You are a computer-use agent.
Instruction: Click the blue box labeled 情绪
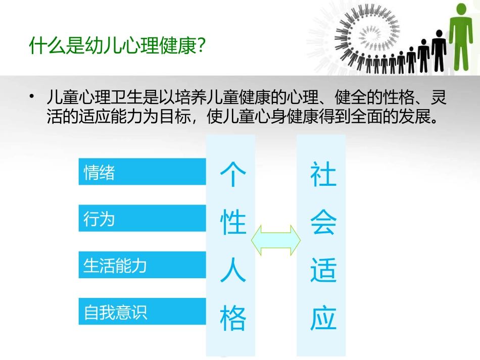142,172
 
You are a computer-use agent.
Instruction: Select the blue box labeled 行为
142,218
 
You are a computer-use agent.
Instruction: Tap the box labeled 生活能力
142,265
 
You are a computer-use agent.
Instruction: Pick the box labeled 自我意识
142,311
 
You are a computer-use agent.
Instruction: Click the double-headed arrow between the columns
275,239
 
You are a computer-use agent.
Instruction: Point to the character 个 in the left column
233,175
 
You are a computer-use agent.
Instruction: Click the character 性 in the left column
233,223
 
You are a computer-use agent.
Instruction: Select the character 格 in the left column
233,318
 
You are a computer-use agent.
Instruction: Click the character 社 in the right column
323,175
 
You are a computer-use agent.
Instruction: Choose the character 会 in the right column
323,223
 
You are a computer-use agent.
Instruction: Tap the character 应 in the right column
323,318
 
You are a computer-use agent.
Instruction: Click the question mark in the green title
199,46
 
